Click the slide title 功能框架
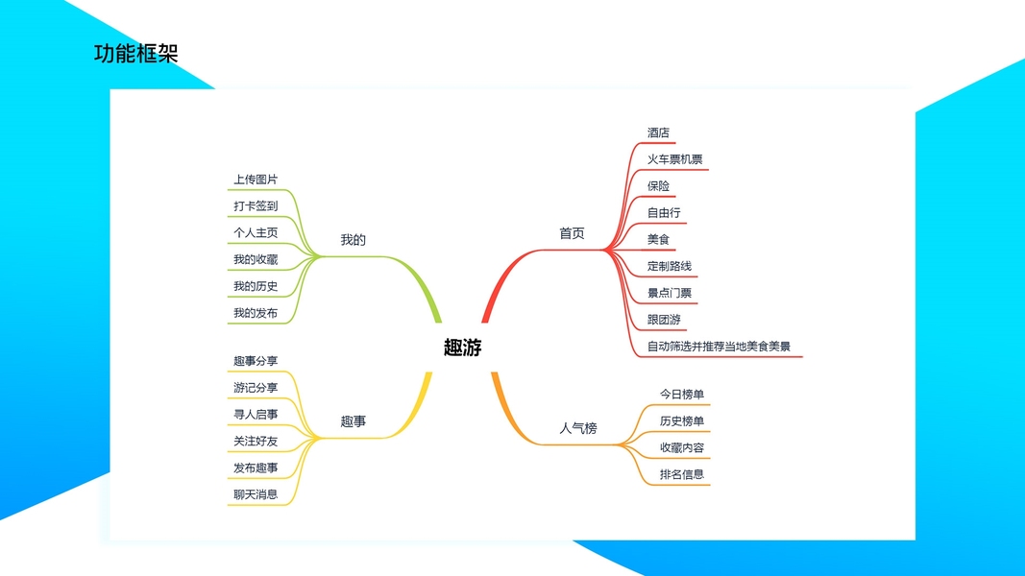click(136, 54)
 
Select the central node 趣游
click(463, 348)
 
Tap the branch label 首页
click(572, 233)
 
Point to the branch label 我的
click(354, 240)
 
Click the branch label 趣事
click(354, 421)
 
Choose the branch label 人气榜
click(578, 428)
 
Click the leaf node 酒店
click(658, 132)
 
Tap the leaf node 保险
click(658, 186)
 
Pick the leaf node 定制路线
click(670, 266)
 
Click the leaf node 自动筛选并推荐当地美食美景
click(719, 347)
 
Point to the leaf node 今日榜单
click(682, 395)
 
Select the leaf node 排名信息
click(682, 474)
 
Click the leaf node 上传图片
click(256, 180)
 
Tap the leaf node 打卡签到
click(256, 206)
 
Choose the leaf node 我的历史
click(256, 286)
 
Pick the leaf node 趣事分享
click(256, 361)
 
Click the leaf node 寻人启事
click(256, 415)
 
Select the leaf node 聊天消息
click(256, 494)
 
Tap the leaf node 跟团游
click(664, 320)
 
